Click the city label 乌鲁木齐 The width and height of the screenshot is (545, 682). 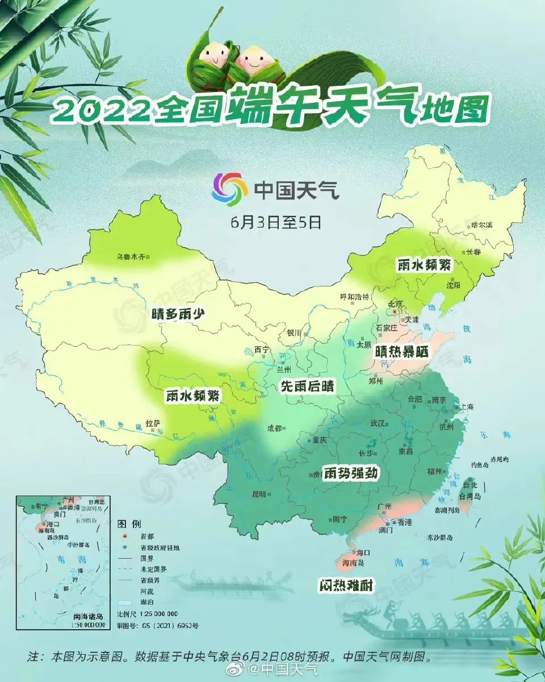click(x=131, y=257)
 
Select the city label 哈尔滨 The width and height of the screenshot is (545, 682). click(x=482, y=225)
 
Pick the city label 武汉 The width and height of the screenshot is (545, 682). click(x=378, y=423)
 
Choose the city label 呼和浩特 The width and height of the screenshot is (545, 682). click(x=354, y=297)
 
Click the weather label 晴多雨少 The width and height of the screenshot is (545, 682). click(x=177, y=313)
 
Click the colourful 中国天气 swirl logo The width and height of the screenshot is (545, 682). click(x=229, y=190)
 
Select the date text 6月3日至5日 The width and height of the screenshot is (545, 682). click(x=276, y=222)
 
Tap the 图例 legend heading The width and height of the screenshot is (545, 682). click(x=129, y=523)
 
